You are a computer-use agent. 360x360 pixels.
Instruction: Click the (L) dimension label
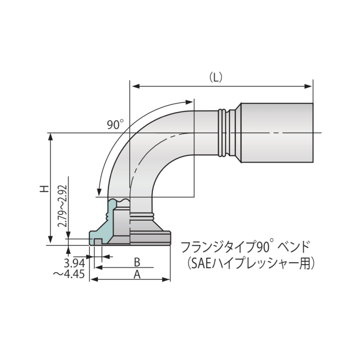(216, 77)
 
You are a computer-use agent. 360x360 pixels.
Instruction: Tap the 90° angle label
(115, 125)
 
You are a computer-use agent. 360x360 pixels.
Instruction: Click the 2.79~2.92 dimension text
(63, 206)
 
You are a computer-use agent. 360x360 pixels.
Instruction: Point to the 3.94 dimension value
(73, 262)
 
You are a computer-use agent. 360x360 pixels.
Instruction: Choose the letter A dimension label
(137, 274)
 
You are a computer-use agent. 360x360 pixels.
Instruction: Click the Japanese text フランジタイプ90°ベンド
(245, 247)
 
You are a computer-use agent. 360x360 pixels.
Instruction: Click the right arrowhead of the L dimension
(309, 86)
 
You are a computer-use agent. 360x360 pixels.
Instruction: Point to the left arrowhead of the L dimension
(134, 86)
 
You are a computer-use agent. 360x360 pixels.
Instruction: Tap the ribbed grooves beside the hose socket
(223, 133)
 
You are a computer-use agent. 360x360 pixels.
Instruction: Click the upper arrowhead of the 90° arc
(191, 102)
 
